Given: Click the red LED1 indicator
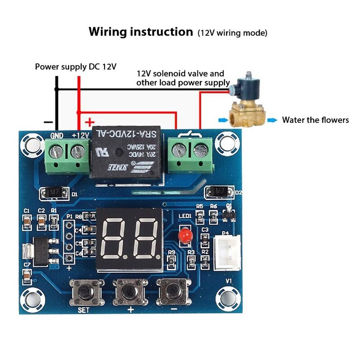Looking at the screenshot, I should click(x=184, y=235).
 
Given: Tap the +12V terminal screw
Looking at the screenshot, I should click(x=77, y=152).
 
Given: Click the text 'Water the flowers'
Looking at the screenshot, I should click(x=315, y=120).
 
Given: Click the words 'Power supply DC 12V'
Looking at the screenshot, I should click(x=76, y=67).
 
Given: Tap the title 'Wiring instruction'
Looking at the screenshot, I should click(x=140, y=32).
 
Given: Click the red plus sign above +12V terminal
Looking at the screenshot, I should click(x=90, y=122).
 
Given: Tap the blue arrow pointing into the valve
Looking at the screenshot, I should click(x=221, y=120).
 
